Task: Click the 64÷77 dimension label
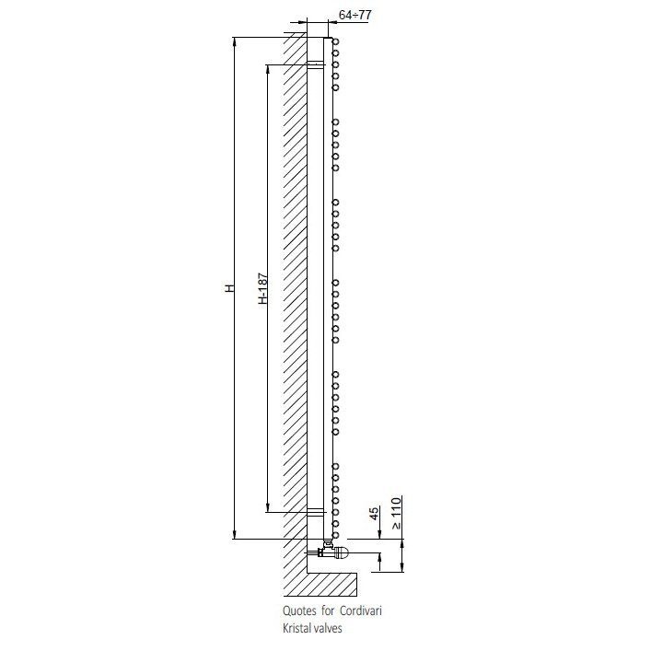coord(355,15)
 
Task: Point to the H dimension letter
coord(229,287)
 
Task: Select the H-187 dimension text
coord(262,288)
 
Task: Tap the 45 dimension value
coord(374,514)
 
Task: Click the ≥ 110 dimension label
coord(397,513)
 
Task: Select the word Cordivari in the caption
coord(361,610)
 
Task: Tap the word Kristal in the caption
coord(296,628)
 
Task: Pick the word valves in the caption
coord(328,628)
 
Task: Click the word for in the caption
coord(328,610)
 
